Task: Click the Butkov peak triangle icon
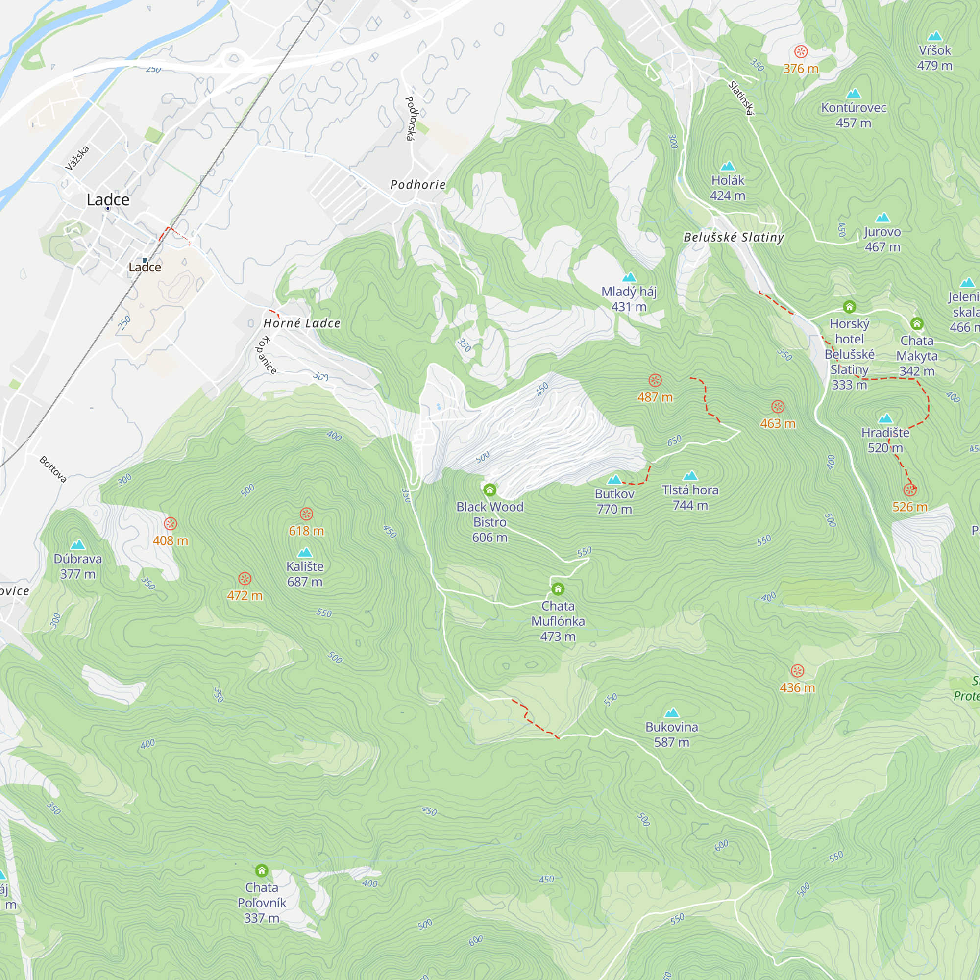[614, 480]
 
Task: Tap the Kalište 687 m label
[305, 574]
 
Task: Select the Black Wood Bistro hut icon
[490, 490]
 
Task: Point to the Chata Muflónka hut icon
[558, 589]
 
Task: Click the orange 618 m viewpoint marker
[306, 514]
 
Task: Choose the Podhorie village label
[418, 185]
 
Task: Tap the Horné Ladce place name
[302, 323]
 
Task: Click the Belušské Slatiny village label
[734, 237]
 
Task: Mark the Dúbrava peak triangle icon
[77, 545]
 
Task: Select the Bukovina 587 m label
[672, 735]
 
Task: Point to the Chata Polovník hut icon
[262, 871]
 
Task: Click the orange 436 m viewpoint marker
[797, 671]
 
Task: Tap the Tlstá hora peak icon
[690, 476]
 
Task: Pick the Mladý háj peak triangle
[629, 277]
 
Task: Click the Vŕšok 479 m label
[934, 58]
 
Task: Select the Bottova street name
[53, 469]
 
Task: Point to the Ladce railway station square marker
[145, 261]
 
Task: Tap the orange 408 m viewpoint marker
[171, 524]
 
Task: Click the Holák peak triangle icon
[728, 167]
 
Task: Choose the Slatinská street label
[741, 98]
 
